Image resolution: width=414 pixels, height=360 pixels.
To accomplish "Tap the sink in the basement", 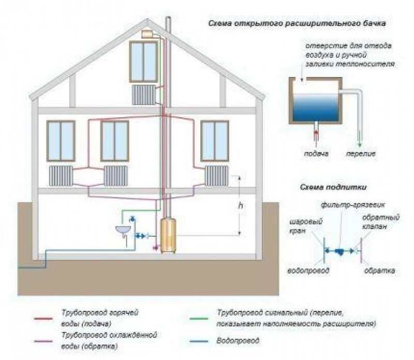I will coord(123,229).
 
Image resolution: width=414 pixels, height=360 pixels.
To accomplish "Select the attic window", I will coord(143,62).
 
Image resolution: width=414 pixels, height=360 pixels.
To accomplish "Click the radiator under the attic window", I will coord(144,95).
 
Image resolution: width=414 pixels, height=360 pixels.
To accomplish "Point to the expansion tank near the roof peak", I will coord(150,34).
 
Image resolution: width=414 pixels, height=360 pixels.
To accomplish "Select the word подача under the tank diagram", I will coord(316,155).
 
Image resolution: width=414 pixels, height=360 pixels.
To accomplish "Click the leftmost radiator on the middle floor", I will coord(61,176).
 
